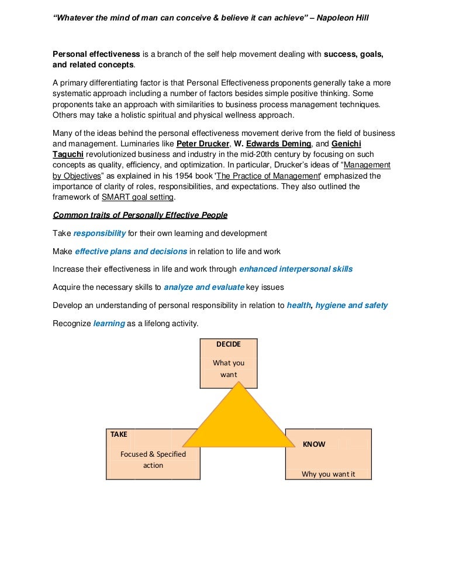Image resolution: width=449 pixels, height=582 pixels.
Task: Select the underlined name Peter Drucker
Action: (202, 144)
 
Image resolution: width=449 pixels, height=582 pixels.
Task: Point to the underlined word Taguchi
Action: (68, 155)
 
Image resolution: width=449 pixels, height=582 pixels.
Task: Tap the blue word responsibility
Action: (99, 233)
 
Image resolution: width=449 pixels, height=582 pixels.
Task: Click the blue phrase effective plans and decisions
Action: (131, 251)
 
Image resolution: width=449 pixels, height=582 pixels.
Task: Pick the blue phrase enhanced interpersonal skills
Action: (296, 269)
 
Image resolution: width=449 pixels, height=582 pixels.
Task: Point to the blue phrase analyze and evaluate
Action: (204, 287)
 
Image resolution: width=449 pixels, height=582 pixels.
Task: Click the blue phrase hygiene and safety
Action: (351, 306)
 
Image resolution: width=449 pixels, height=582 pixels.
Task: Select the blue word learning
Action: (109, 324)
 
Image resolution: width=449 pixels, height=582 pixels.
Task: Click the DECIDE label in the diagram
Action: (229, 344)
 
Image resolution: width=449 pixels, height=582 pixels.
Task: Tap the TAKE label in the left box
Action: (119, 434)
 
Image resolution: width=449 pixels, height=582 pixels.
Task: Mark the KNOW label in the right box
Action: (314, 444)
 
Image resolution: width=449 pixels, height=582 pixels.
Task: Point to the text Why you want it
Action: (328, 474)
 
